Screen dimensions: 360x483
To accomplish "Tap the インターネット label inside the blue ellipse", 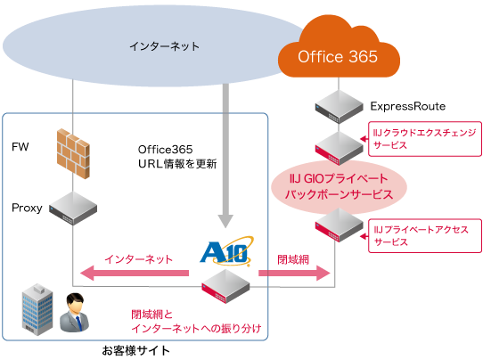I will click(x=166, y=45).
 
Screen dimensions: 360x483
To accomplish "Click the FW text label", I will click(x=20, y=145).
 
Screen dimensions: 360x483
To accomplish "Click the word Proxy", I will click(x=27, y=207).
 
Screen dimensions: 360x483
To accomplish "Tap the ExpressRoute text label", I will click(x=406, y=106).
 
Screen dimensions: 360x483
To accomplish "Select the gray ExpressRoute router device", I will click(x=337, y=106).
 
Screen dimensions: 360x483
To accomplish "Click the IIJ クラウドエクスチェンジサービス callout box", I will click(x=424, y=138).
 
